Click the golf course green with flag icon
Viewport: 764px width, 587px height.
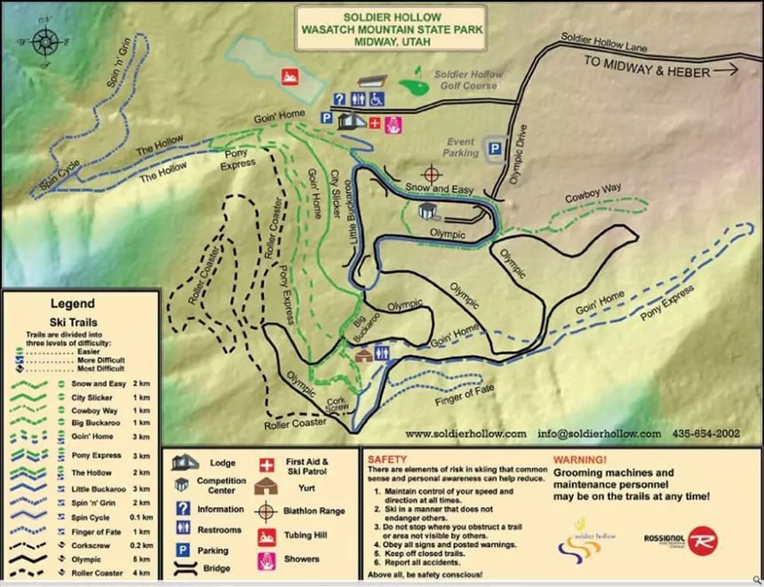tap(411, 86)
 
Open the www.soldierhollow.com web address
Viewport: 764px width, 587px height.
tap(466, 433)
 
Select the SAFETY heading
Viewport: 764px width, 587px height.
tap(388, 459)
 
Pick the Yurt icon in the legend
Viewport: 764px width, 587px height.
tap(266, 486)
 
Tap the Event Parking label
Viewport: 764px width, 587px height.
tap(460, 147)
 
